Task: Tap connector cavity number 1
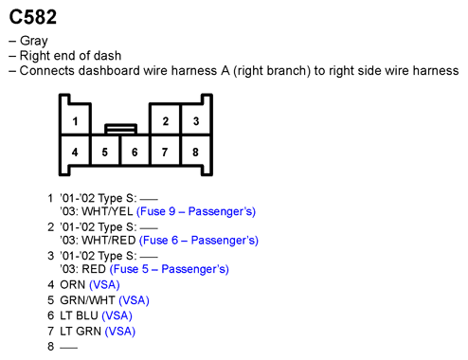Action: click(75, 121)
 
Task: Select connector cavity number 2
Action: click(165, 121)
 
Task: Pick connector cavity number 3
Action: click(195, 121)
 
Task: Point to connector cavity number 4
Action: click(75, 152)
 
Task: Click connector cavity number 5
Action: click(105, 152)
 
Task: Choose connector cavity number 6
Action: click(135, 152)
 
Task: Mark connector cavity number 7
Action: click(165, 152)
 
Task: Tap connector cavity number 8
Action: click(195, 152)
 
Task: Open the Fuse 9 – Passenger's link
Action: click(196, 211)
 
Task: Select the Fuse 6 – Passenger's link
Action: click(198, 241)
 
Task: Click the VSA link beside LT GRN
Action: click(120, 332)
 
